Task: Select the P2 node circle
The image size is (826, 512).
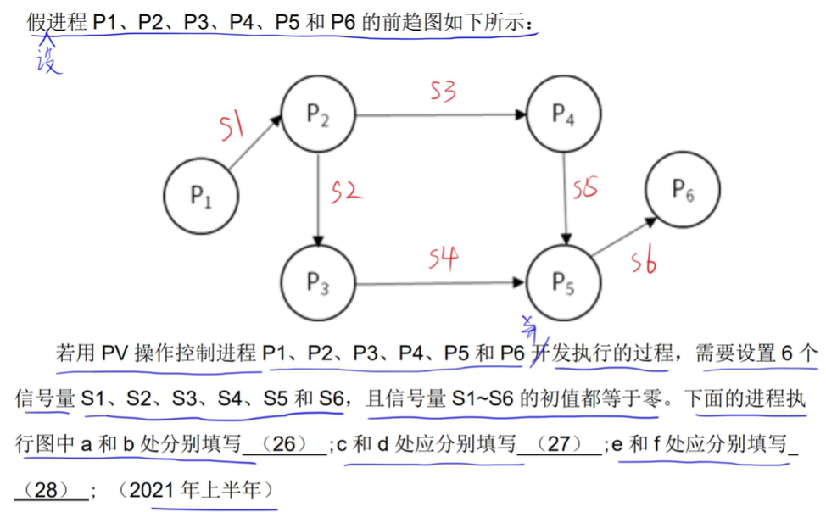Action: [x=318, y=116]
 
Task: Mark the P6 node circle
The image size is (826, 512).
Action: [x=684, y=190]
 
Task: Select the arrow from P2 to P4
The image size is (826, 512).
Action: [x=441, y=114]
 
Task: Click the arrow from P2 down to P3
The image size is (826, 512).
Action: [x=318, y=199]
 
